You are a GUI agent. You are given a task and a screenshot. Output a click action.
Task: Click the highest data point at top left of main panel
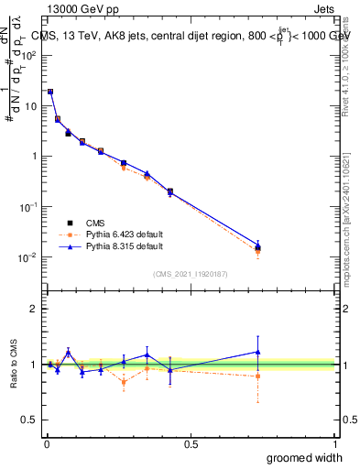[x=50, y=92]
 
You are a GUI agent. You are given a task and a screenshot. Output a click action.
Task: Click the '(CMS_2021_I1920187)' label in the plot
[x=190, y=274]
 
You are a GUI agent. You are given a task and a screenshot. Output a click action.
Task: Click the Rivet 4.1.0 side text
[x=350, y=64]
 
